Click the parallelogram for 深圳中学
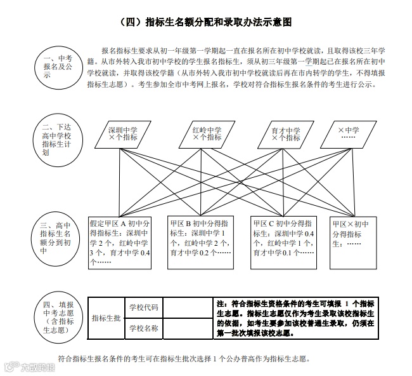pos(122,133)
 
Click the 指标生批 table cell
pos(105,318)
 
